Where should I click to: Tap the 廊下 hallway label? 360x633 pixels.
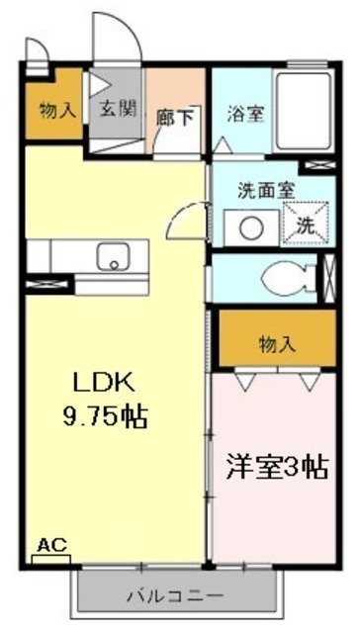174,118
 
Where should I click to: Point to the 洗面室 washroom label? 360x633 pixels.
266,191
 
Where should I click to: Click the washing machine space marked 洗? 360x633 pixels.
306,224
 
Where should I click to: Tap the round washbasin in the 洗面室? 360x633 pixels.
251,228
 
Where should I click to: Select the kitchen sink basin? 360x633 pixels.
113,257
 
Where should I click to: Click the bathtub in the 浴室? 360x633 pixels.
303,112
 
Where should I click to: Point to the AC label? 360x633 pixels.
51,545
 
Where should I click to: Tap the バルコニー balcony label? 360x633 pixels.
175,595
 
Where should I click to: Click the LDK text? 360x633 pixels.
103,384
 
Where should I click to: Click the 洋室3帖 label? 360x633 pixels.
277,467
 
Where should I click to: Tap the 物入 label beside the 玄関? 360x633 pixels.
57,110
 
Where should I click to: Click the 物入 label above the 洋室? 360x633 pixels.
277,345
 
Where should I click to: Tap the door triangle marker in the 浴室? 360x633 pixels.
223,145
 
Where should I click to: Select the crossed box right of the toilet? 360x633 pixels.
330,278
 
